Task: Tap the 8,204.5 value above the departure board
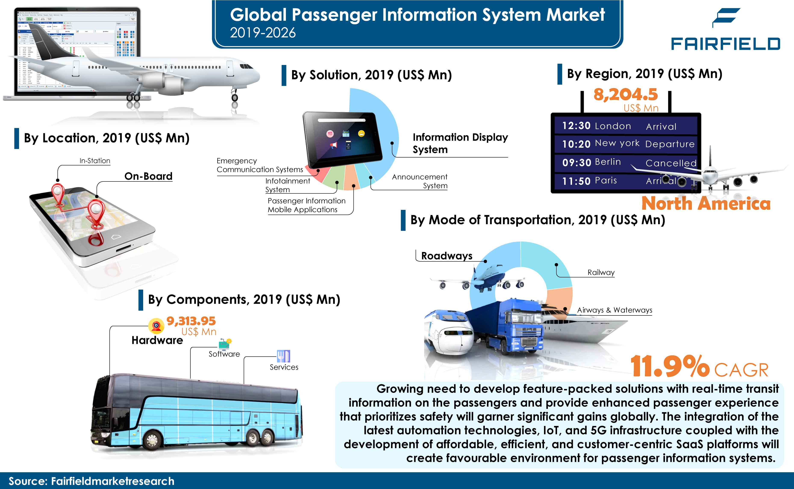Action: click(x=626, y=94)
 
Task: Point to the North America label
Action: click(x=706, y=203)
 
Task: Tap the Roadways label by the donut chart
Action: click(x=447, y=256)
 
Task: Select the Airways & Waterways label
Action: click(x=614, y=310)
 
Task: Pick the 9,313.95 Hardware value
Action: click(x=191, y=321)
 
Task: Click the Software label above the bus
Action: click(x=224, y=354)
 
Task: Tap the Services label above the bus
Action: click(x=284, y=367)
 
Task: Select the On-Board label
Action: click(x=148, y=176)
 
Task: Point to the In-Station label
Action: click(x=95, y=161)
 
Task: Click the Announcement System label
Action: click(x=420, y=181)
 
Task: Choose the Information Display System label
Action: click(x=460, y=143)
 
